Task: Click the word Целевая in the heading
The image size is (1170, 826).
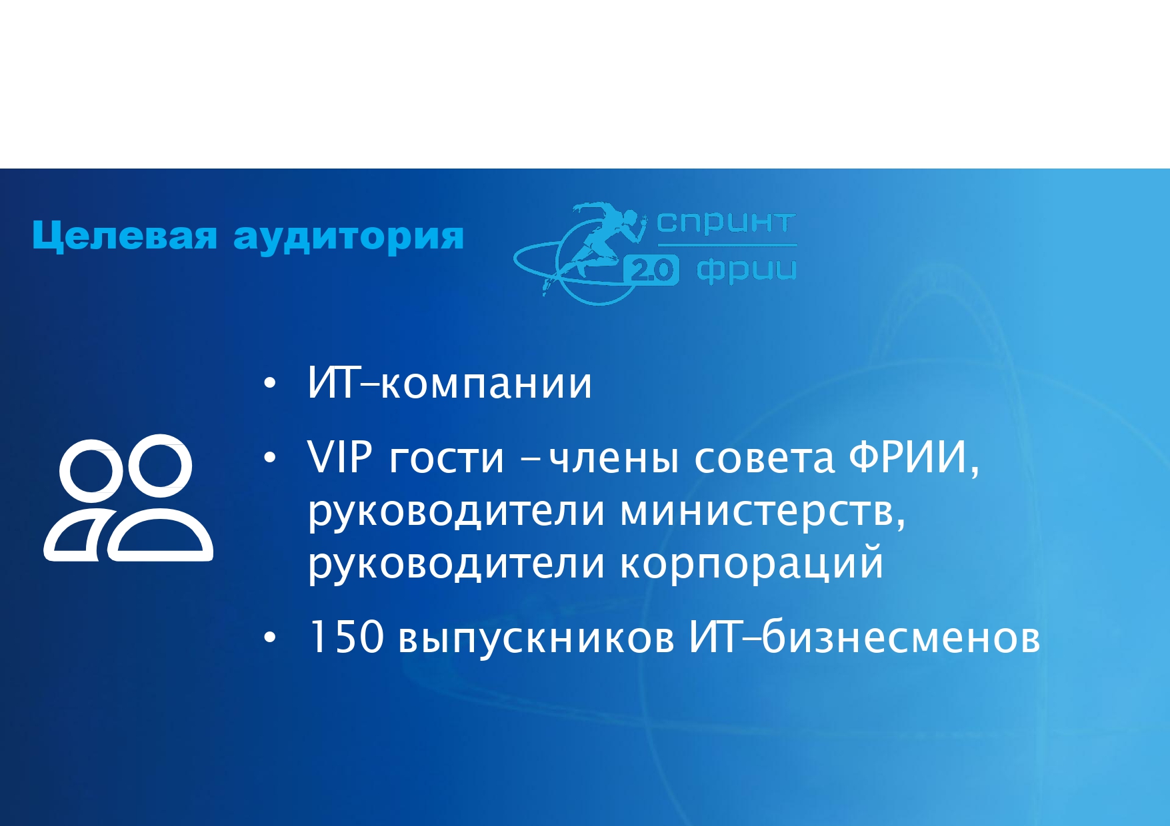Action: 125,236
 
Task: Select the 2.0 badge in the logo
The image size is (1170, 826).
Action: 651,270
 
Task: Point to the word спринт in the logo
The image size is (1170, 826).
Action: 726,223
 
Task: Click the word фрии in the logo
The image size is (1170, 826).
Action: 746,270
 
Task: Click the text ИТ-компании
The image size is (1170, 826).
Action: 449,384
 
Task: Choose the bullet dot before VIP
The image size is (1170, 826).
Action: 269,458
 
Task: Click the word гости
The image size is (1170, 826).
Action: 447,460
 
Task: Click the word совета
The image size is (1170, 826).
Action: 764,460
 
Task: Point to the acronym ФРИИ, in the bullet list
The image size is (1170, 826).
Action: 914,458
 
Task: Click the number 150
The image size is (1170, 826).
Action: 346,637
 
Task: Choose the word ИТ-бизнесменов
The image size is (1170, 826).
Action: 864,636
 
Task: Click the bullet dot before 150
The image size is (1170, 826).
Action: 269,637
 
